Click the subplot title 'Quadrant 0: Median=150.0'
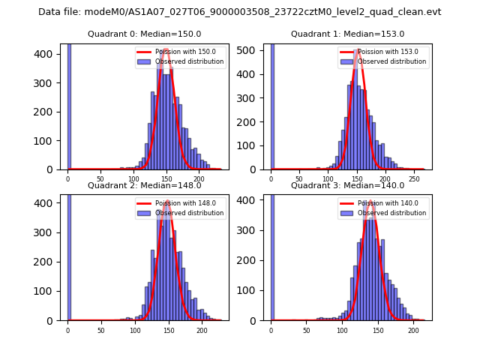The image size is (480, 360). pos(145,34)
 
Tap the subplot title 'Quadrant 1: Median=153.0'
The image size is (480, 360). pos(347,34)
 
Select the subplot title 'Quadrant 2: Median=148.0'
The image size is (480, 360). pos(145,185)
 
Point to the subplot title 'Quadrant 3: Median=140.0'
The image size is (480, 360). pos(347,185)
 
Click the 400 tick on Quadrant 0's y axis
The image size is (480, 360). pos(54,54)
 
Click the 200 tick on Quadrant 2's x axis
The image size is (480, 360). pos(202,330)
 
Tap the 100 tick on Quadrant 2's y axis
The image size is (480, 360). pos(54,291)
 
